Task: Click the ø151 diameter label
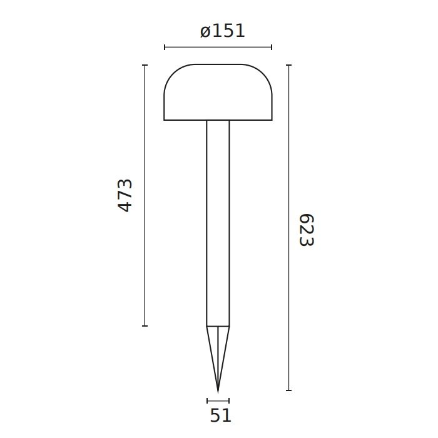coord(223,31)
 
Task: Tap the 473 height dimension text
coord(125,195)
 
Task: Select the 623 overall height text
coord(307,230)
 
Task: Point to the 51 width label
coord(221,415)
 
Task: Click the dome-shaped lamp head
coord(218,92)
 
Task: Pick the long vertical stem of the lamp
coord(218,223)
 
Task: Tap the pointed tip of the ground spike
coord(218,392)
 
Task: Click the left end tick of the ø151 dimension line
coord(165,47)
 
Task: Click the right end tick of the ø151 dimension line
coord(272,47)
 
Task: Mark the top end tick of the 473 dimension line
coord(145,65)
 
